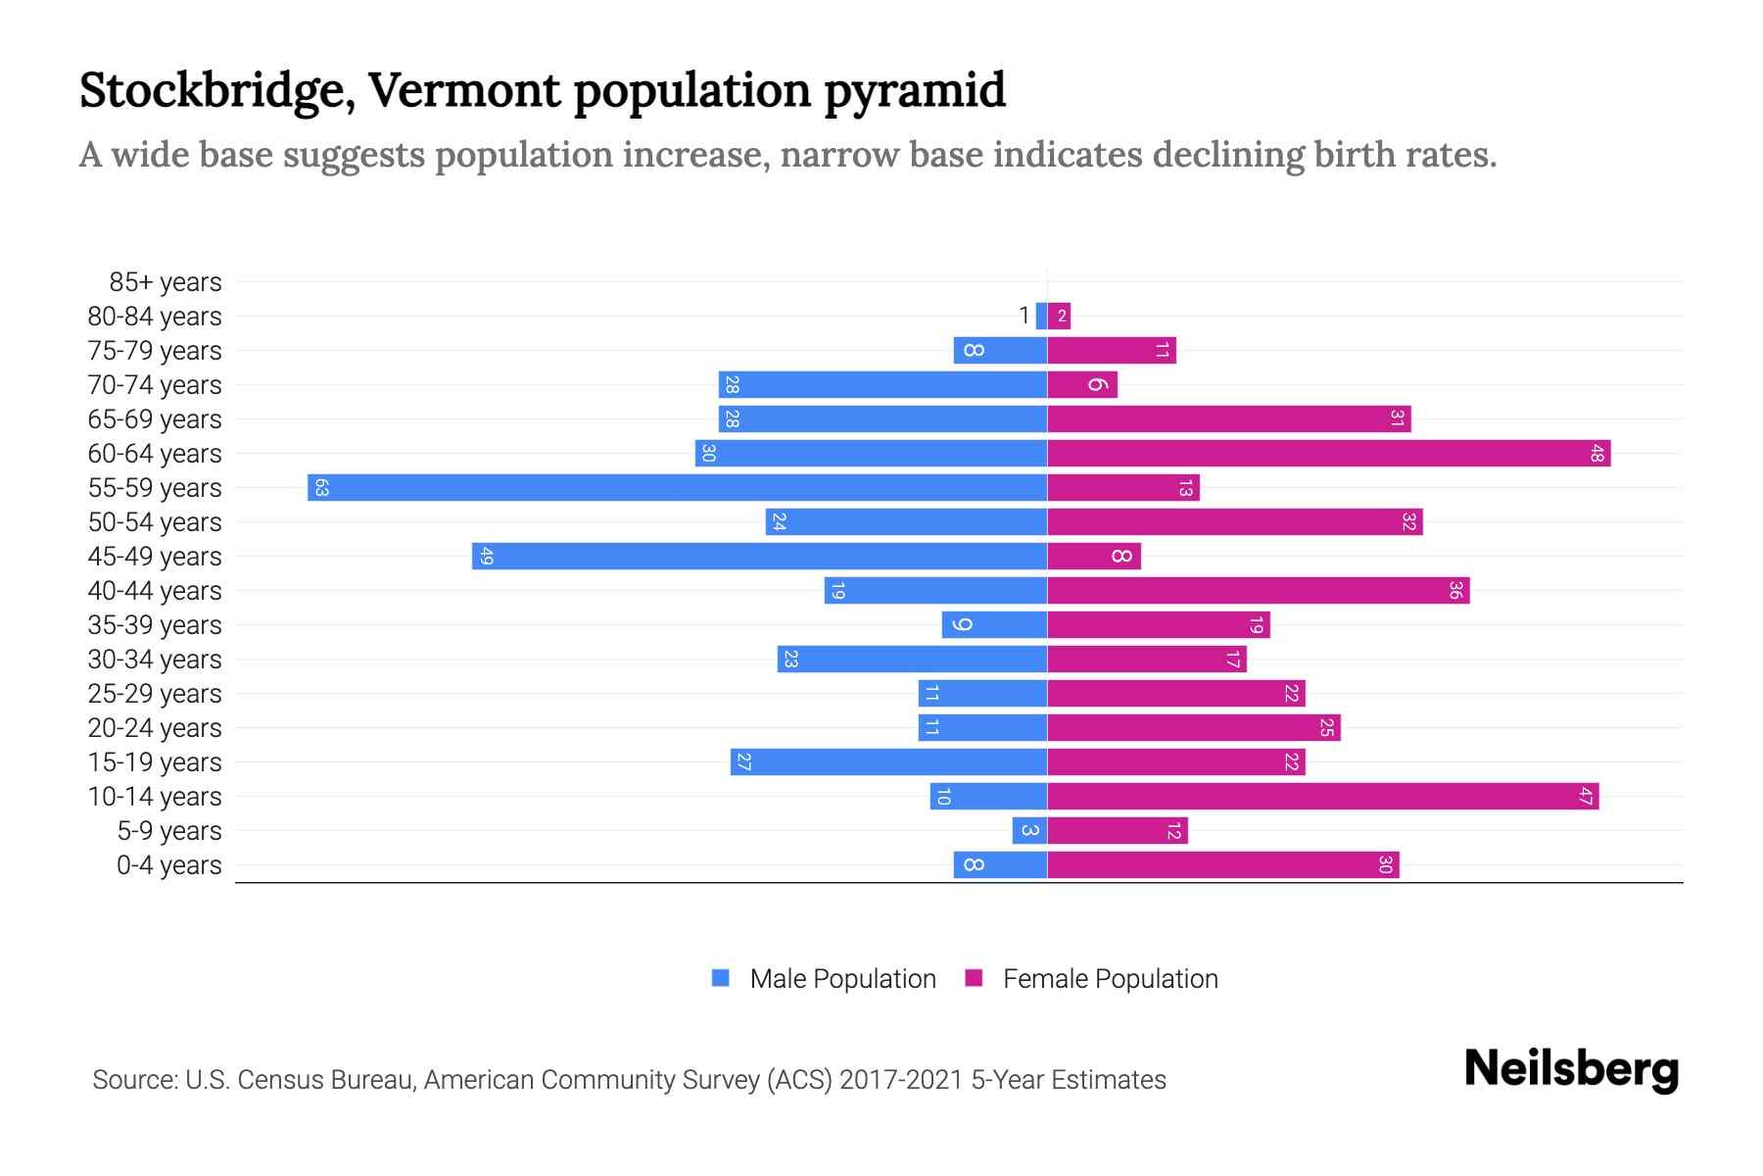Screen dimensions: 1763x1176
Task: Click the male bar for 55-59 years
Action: pyautogui.click(x=676, y=487)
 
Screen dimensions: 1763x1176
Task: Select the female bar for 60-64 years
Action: pyautogui.click(x=1328, y=453)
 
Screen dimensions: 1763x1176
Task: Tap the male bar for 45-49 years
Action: pyautogui.click(x=759, y=556)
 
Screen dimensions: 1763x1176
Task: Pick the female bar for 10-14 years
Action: pyautogui.click(x=1322, y=796)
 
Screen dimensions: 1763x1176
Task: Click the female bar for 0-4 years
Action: pyautogui.click(x=1222, y=864)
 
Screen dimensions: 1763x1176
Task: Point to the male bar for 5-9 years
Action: pyautogui.click(x=1029, y=830)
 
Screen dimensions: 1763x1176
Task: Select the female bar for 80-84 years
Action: pyautogui.click(x=1059, y=316)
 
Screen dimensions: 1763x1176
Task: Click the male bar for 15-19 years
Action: pyautogui.click(x=888, y=761)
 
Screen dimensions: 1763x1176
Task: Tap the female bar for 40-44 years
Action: pyautogui.click(x=1258, y=590)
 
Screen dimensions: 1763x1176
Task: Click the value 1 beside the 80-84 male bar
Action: pyautogui.click(x=1024, y=316)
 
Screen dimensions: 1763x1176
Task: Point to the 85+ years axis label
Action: pyautogui.click(x=165, y=282)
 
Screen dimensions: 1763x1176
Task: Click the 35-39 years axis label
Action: pyautogui.click(x=155, y=625)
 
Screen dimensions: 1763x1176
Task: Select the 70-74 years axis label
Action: pyautogui.click(x=155, y=385)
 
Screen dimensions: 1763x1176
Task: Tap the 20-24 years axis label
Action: pyautogui.click(x=155, y=728)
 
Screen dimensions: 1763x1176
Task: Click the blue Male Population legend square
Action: pyautogui.click(x=721, y=978)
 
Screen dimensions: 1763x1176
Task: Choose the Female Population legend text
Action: pyautogui.click(x=1110, y=978)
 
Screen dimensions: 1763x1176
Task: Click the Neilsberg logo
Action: pyautogui.click(x=1571, y=1069)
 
